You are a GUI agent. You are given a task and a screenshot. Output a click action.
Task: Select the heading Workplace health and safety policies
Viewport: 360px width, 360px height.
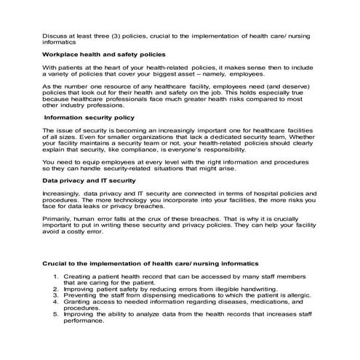pos(103,55)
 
